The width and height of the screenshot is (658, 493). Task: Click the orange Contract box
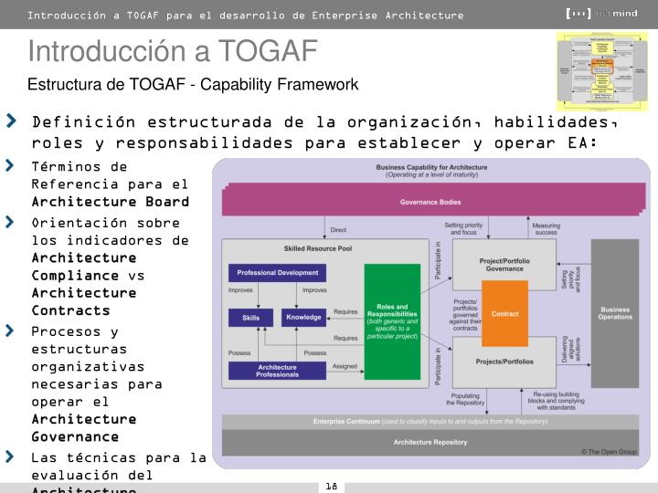(x=504, y=313)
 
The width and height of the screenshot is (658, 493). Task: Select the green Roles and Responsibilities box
(x=392, y=320)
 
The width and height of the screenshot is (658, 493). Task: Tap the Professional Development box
(x=277, y=272)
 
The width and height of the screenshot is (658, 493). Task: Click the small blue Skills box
(x=250, y=318)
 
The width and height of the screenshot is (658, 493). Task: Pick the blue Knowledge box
(x=303, y=318)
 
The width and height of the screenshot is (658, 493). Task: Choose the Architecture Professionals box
(x=277, y=371)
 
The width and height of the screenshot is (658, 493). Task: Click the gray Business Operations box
(x=614, y=313)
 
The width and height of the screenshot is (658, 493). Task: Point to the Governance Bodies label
(x=430, y=202)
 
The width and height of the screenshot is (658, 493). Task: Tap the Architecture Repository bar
(x=430, y=442)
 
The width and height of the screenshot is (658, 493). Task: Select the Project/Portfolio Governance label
(x=504, y=265)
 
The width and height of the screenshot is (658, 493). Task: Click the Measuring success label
(x=546, y=228)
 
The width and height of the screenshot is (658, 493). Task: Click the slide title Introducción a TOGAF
(x=172, y=51)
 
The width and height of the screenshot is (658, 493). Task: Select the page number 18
(x=331, y=486)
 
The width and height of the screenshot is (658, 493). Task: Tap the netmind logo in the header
(x=604, y=14)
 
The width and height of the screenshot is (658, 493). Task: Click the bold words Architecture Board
(x=110, y=201)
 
